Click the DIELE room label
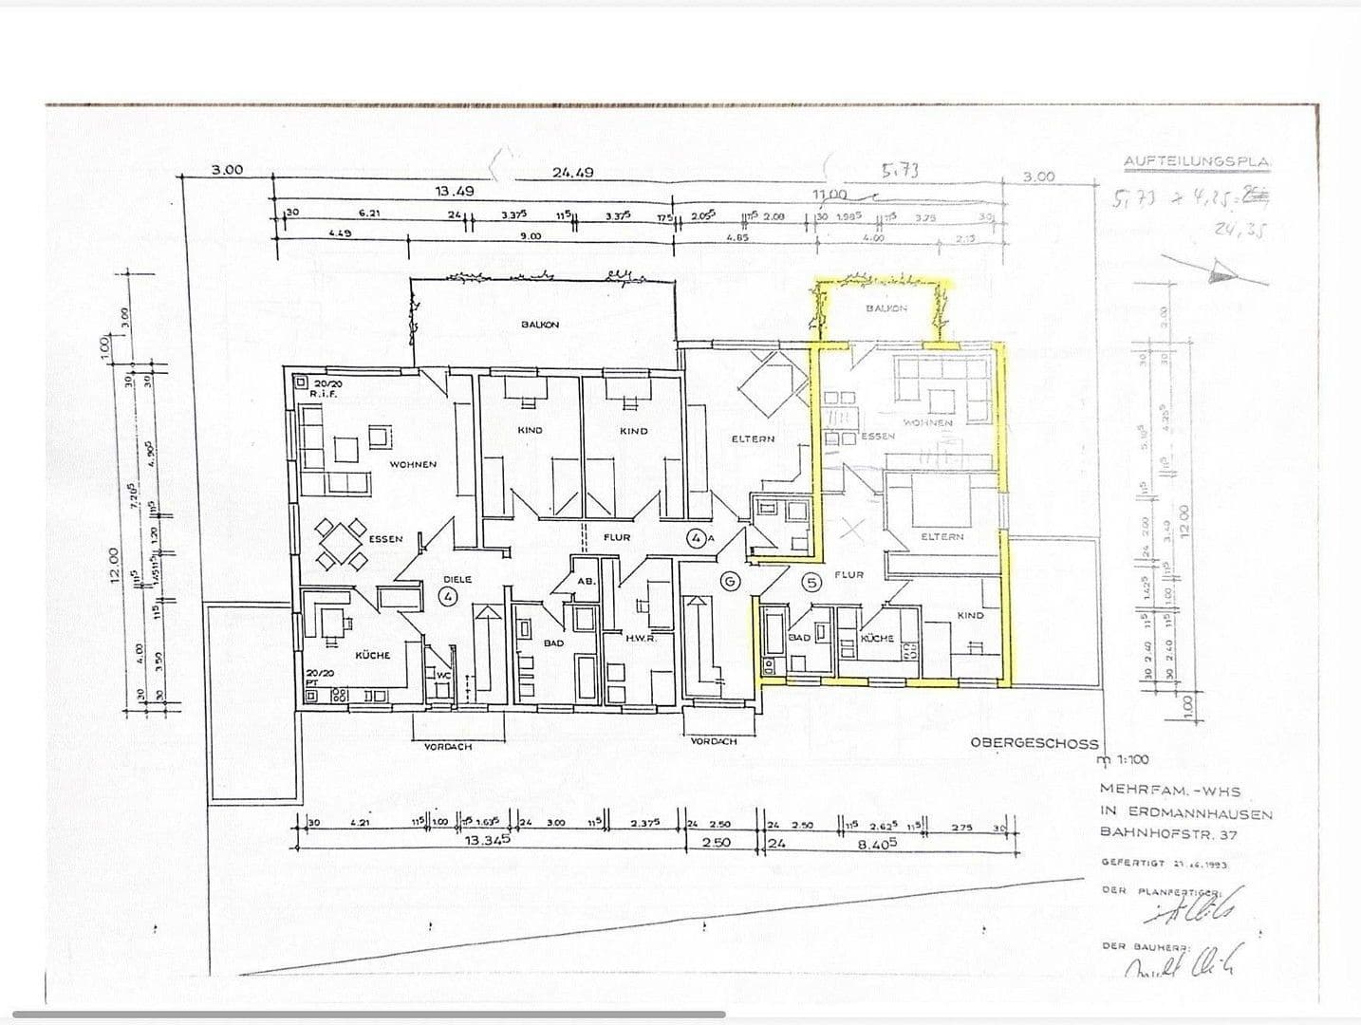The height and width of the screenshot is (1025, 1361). click(x=457, y=579)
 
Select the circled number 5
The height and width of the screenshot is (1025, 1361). click(x=811, y=583)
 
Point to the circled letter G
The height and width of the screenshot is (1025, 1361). click(x=731, y=582)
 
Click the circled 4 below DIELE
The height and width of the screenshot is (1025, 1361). click(x=448, y=596)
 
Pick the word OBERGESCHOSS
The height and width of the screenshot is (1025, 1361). click(x=1034, y=743)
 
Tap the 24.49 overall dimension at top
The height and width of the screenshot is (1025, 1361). click(x=572, y=173)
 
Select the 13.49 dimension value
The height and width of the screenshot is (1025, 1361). click(x=455, y=191)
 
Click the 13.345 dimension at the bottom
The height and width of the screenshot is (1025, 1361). click(x=488, y=841)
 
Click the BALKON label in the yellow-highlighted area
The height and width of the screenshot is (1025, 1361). click(x=886, y=308)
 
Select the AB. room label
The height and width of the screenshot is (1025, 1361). click(x=585, y=582)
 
